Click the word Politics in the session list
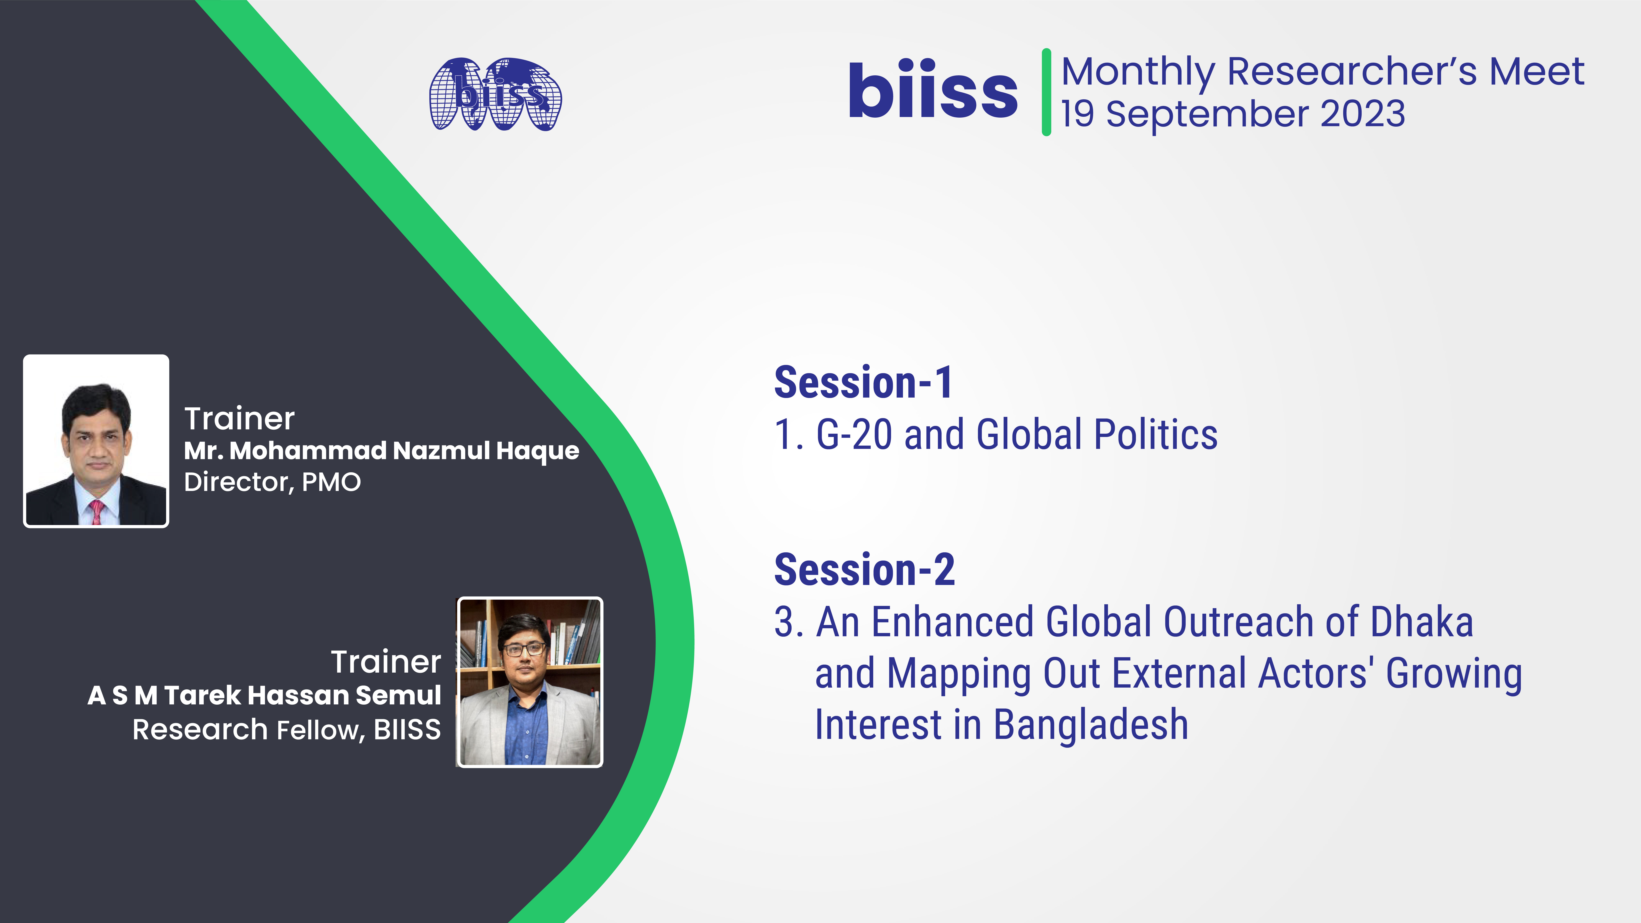(x=1156, y=435)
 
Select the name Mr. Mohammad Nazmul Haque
(x=382, y=451)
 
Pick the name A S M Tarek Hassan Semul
(x=264, y=695)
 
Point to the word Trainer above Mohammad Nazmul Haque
(x=240, y=419)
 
